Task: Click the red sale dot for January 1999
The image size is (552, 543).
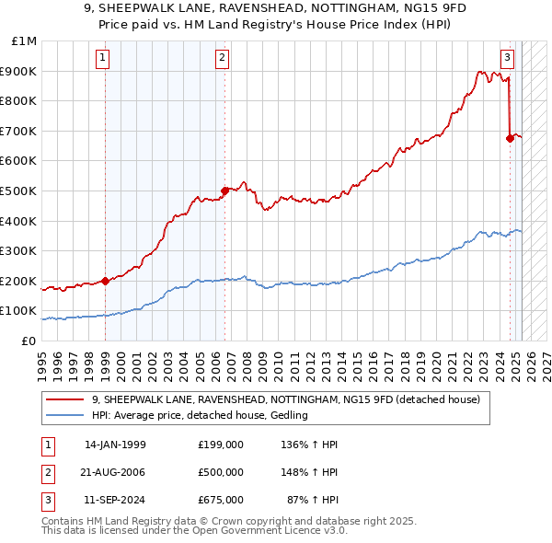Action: (105, 281)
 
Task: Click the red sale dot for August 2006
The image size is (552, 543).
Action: (224, 191)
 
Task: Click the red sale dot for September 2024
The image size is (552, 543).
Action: (510, 138)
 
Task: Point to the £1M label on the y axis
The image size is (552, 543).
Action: (25, 41)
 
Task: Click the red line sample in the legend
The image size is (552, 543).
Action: (66, 400)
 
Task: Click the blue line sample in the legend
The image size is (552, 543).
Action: (66, 416)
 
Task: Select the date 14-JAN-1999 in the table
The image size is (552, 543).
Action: (115, 445)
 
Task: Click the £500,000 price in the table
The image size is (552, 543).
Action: (221, 472)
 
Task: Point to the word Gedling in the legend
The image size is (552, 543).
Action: (287, 416)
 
